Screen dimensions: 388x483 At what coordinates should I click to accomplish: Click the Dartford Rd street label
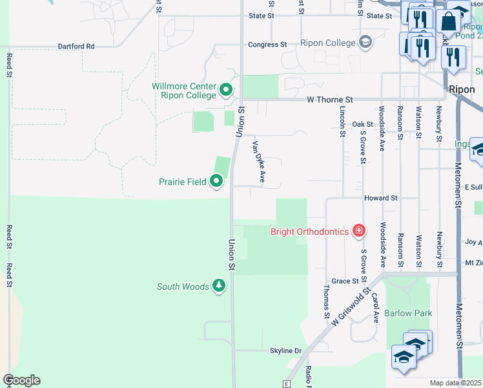point(76,47)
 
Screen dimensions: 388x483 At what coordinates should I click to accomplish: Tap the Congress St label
point(267,45)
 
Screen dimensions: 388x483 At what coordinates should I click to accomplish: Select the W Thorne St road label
point(329,100)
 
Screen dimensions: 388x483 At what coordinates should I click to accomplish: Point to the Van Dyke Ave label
point(259,161)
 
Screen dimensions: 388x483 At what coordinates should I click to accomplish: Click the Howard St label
point(380,198)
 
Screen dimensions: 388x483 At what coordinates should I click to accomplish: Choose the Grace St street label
point(345,281)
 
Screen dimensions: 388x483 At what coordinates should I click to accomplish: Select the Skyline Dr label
point(285,350)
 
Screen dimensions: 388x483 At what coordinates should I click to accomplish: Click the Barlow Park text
point(407,313)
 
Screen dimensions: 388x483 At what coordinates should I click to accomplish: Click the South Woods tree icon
point(219,286)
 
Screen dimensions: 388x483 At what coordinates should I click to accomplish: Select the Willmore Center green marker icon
point(225,89)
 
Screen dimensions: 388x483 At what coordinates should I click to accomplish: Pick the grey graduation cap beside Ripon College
point(365,43)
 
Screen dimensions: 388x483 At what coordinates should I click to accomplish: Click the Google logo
point(21,380)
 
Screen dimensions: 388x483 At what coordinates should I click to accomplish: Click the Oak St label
point(362,124)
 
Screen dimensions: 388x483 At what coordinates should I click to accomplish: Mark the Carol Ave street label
point(375,308)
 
